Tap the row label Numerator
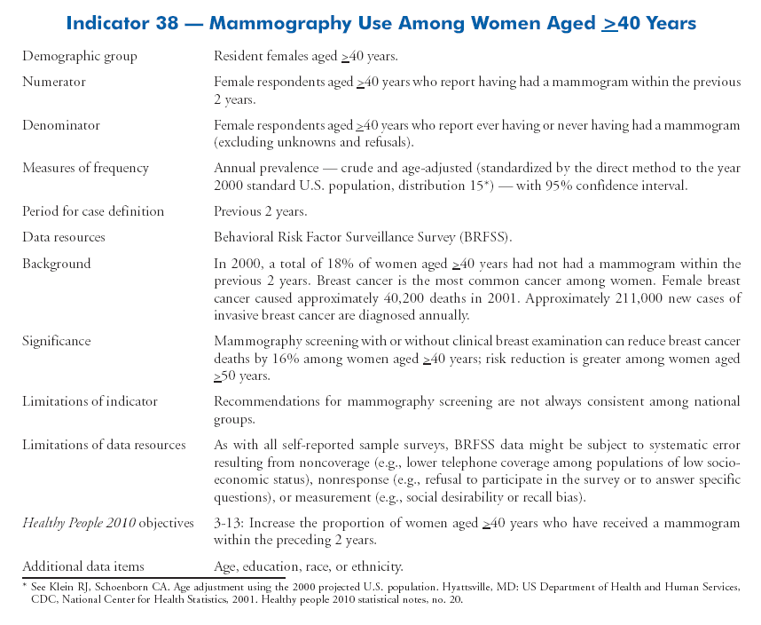[54, 82]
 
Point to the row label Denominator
[61, 126]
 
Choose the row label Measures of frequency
[85, 168]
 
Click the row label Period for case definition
[93, 211]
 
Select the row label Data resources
[64, 237]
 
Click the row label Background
[57, 264]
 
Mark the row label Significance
[57, 341]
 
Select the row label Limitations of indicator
[90, 401]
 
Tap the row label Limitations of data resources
[104, 445]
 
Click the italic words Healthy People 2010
[79, 523]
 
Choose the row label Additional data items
[83, 566]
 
